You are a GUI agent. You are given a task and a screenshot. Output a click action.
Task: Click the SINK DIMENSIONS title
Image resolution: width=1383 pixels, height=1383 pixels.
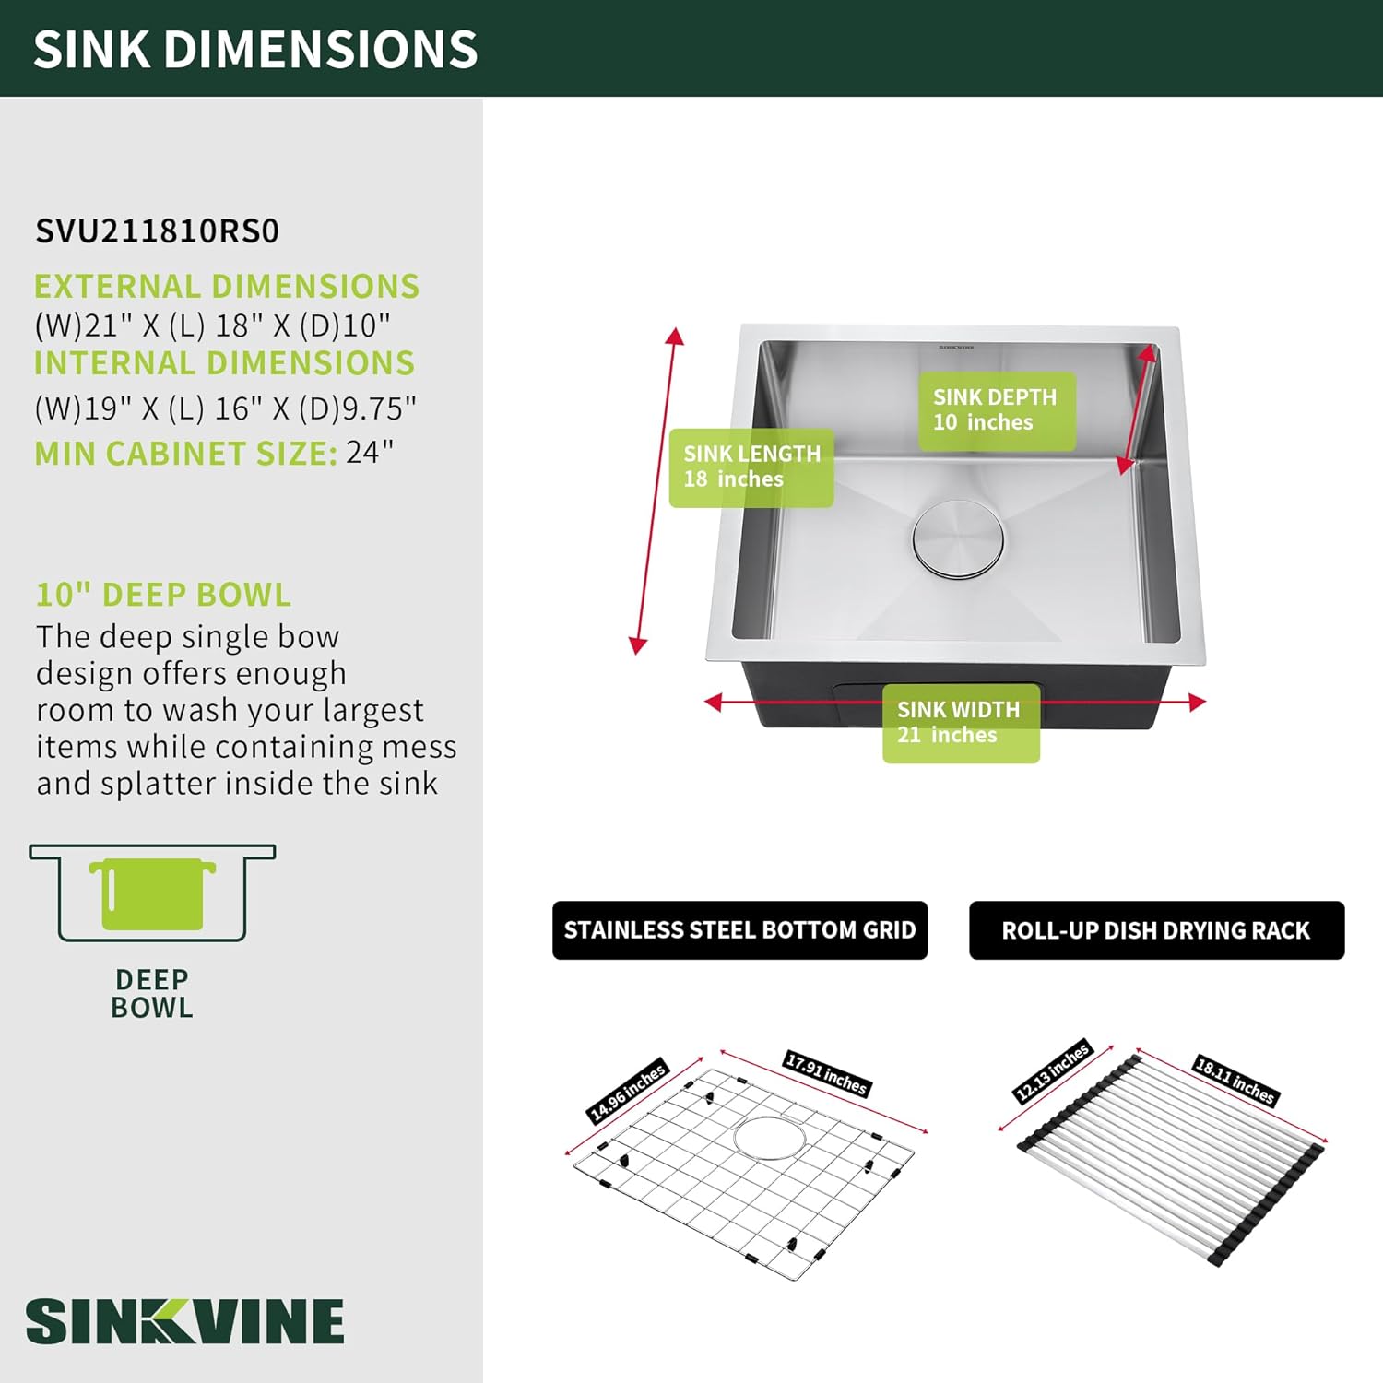255,49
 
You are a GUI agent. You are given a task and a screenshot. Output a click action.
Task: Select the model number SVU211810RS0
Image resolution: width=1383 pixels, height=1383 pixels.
157,230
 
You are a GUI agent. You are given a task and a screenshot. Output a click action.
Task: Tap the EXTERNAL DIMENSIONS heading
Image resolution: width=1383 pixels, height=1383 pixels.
227,286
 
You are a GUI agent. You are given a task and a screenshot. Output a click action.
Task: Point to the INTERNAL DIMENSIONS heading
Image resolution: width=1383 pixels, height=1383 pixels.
224,362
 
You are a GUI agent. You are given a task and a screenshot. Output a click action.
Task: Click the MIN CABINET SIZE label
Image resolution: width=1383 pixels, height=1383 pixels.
185,454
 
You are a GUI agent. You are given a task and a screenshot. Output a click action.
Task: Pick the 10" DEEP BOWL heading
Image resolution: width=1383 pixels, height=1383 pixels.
163,595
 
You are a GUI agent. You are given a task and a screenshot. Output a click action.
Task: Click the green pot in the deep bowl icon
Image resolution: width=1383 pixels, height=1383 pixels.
152,893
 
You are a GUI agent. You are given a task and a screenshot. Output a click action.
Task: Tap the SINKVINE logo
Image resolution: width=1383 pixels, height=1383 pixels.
184,1320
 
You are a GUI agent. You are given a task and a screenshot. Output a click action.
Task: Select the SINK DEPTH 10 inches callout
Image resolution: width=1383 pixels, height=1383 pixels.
997,410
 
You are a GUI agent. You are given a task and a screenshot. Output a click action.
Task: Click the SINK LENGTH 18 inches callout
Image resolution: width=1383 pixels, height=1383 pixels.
751,467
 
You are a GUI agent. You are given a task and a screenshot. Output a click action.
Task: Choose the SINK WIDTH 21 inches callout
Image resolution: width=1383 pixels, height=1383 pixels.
961,723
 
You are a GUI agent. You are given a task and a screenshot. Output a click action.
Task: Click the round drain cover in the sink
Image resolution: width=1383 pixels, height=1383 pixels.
958,539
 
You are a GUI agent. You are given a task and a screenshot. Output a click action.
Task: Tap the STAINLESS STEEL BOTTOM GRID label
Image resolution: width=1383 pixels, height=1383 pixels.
739,930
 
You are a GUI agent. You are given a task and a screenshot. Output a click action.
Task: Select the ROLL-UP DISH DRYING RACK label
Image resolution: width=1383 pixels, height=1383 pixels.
1156,930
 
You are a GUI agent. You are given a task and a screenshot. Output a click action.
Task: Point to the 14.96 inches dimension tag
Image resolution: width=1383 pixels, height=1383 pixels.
627,1091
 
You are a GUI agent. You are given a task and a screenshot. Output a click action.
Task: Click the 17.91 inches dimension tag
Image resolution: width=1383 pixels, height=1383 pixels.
827,1073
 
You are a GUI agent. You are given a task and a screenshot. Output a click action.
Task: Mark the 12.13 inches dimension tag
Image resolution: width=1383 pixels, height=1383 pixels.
1052,1071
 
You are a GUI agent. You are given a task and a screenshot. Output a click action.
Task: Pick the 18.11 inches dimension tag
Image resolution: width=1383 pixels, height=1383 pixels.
1235,1080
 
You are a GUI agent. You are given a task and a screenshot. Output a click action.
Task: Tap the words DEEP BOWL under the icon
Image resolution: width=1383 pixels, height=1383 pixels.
152,993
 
